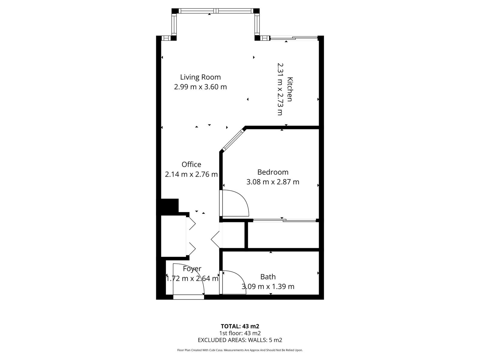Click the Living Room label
(x=200, y=77)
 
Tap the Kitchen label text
(x=290, y=89)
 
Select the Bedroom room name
(x=273, y=172)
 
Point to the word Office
(x=191, y=164)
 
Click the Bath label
(x=268, y=277)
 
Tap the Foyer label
(x=192, y=269)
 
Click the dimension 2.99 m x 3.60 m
(x=200, y=87)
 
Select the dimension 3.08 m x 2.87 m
(x=273, y=182)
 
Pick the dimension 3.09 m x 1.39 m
(x=268, y=286)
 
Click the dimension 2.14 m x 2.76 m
(x=191, y=174)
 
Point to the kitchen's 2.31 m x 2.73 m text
(x=280, y=89)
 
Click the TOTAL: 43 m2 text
(x=240, y=326)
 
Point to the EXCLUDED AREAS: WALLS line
(x=240, y=340)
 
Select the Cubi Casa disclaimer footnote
(x=240, y=350)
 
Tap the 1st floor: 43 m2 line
(x=240, y=333)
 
